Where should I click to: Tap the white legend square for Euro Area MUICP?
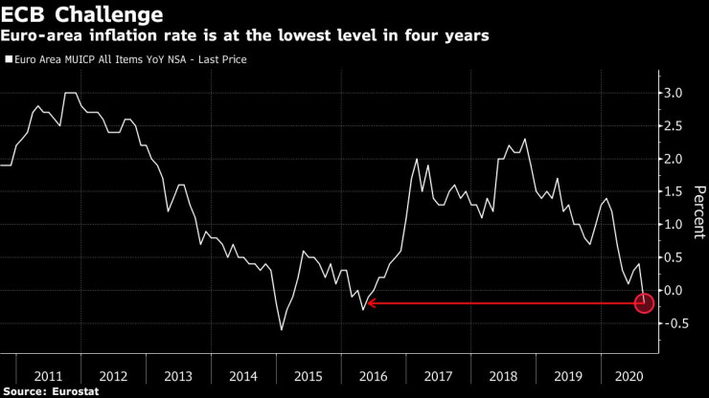[9, 59]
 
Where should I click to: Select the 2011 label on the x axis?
[48, 375]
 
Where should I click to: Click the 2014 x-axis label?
[242, 375]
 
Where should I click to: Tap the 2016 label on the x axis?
[372, 375]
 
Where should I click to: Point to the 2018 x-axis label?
[502, 375]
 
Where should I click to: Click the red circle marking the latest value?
[644, 303]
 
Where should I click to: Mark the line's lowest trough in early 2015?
[282, 330]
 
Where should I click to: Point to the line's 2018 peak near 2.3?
[524, 140]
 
